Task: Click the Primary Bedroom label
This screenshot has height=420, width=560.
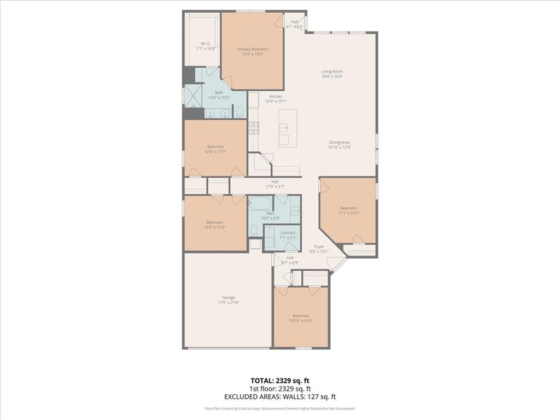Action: click(x=252, y=49)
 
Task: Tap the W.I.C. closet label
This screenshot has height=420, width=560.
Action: click(x=206, y=43)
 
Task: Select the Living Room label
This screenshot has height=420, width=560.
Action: click(x=332, y=72)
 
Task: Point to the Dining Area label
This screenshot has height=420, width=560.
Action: click(x=339, y=143)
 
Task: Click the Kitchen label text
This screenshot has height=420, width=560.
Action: click(x=275, y=96)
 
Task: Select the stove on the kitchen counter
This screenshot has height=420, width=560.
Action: click(x=254, y=128)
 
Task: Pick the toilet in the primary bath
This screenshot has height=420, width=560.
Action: click(x=240, y=113)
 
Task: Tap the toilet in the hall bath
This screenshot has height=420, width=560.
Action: click(x=254, y=231)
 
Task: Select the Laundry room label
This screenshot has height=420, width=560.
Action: click(x=288, y=232)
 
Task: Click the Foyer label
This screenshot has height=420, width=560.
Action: click(x=319, y=247)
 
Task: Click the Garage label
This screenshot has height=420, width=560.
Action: click(x=228, y=297)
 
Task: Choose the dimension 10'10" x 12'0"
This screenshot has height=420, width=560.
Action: click(x=301, y=321)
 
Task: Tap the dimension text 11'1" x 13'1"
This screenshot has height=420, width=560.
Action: click(x=348, y=213)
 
